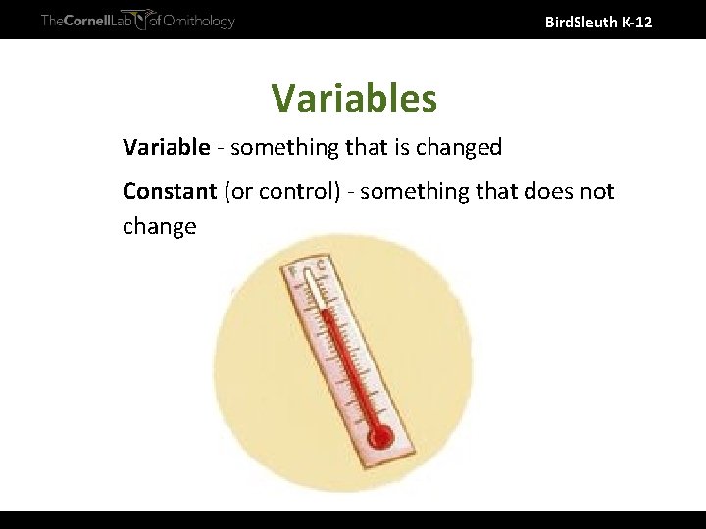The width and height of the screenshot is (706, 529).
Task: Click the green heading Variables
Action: tap(354, 98)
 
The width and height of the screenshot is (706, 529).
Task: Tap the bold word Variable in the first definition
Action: tap(166, 148)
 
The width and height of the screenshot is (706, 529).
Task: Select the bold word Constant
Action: tap(170, 191)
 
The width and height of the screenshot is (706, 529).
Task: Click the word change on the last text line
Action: tap(159, 227)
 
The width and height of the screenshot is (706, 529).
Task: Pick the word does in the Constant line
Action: tap(543, 191)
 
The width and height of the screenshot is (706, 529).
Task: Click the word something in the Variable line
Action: tap(280, 148)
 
